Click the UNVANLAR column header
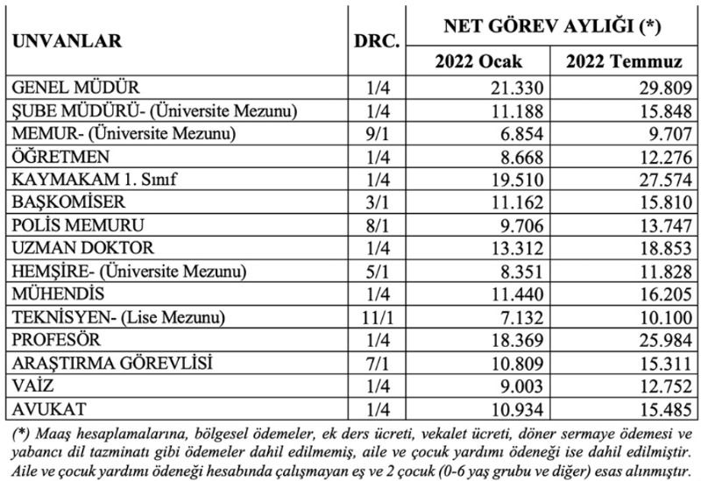66,41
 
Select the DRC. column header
379,41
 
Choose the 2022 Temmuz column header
624,63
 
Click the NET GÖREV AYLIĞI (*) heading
551,25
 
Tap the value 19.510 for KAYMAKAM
518,179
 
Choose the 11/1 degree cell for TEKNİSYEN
379,316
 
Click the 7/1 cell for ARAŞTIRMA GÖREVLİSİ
379,362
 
